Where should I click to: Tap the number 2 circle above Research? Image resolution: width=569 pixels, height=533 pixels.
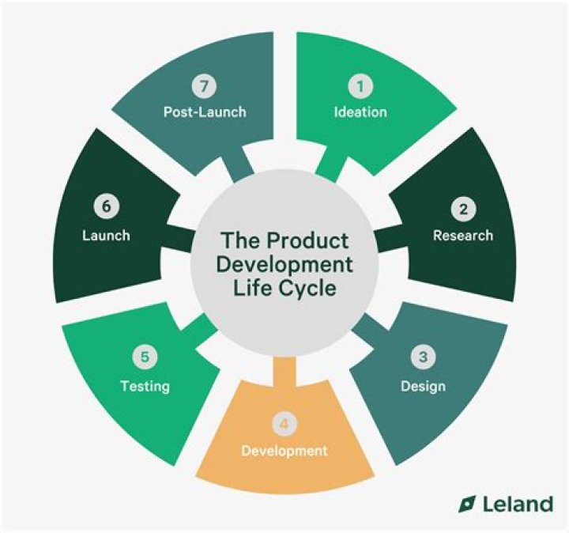462,210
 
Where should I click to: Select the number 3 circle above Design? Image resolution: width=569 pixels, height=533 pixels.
423,357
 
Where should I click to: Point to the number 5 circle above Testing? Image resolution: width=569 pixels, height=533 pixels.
145,357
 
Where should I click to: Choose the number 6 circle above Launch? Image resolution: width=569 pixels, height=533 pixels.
106,207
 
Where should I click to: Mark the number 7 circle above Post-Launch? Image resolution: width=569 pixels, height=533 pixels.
205,85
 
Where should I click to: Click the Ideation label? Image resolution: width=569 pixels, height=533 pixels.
360,112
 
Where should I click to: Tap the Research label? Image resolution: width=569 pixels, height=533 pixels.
462,236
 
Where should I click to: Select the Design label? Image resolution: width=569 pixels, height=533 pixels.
423,387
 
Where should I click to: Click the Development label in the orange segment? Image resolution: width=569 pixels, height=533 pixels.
284,452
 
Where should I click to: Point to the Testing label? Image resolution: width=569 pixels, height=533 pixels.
145,387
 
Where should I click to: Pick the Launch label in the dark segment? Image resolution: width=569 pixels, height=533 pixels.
106,236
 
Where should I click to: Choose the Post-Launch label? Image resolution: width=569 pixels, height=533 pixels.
205,112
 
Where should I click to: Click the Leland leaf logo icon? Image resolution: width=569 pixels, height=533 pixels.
467,503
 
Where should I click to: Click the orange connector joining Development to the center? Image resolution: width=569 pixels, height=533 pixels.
284,372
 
